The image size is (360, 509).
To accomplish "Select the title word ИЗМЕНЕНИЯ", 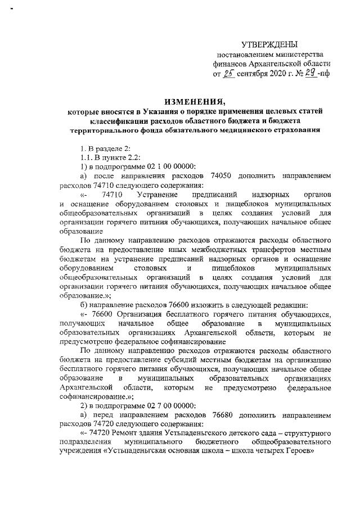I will (x=190, y=102).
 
